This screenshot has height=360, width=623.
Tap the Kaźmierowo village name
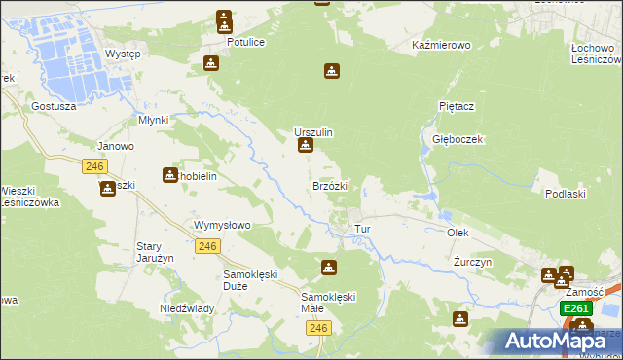[442, 46]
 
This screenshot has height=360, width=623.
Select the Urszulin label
[314, 131]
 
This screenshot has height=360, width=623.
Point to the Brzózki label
[330, 185]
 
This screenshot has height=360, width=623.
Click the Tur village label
[363, 230]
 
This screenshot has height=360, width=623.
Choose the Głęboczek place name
[458, 139]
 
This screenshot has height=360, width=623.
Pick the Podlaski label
[566, 194]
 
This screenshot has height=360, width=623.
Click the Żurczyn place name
[473, 263]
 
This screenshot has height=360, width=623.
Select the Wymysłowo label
[223, 225]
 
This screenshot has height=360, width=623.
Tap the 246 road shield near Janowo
[94, 166]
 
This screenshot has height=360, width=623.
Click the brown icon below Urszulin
[306, 147]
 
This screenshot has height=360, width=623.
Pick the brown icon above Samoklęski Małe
[329, 267]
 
